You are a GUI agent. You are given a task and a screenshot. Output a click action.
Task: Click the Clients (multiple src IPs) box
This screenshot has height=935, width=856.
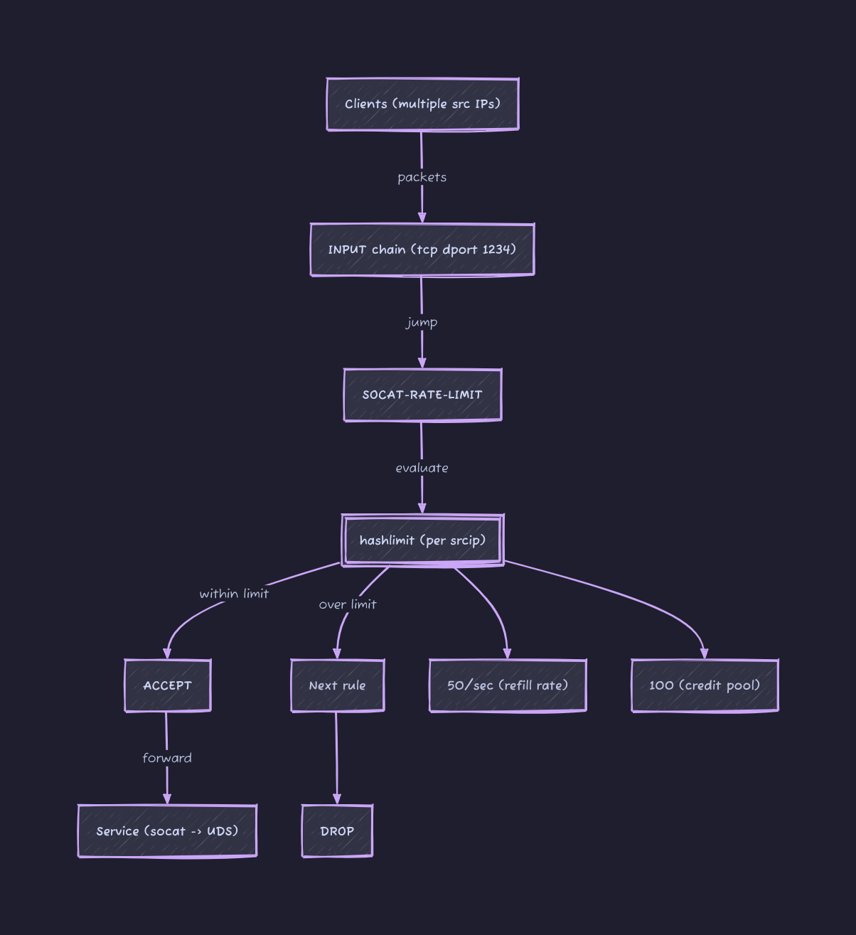click(x=422, y=104)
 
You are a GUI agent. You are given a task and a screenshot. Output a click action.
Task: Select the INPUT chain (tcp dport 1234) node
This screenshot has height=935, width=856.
click(x=422, y=250)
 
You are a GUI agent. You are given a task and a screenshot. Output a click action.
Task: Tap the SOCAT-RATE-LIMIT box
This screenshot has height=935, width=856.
click(x=422, y=395)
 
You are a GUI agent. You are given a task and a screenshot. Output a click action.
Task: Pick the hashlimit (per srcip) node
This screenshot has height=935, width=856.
click(x=422, y=540)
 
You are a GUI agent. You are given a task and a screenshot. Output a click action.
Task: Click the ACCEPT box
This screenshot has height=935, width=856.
click(x=167, y=685)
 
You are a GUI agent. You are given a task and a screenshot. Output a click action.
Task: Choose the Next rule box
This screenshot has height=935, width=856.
click(x=337, y=685)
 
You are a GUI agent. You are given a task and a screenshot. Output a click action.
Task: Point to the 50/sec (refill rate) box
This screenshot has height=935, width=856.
click(x=508, y=685)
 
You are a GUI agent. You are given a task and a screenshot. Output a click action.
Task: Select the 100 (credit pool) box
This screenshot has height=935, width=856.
click(x=705, y=685)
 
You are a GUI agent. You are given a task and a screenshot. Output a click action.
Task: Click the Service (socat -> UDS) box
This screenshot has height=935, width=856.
click(x=167, y=831)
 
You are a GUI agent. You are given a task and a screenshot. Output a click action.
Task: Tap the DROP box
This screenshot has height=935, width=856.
click(x=337, y=831)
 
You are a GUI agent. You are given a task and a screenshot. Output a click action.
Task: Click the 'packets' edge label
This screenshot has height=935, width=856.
click(x=422, y=177)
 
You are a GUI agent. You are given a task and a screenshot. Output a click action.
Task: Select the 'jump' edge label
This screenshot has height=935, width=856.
click(x=422, y=323)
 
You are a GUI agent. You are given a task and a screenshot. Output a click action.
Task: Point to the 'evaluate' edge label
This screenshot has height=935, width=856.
click(x=422, y=468)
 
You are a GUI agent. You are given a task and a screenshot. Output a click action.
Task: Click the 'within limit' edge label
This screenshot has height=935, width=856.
click(x=234, y=593)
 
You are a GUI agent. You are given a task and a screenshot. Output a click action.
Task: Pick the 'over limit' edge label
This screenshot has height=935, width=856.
click(x=348, y=604)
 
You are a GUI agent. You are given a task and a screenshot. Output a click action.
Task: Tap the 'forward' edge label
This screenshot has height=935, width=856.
click(x=167, y=758)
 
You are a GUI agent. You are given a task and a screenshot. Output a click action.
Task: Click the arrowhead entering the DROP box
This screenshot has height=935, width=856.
click(x=337, y=798)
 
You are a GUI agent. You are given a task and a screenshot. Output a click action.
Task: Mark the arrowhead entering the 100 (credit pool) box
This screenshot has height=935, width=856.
click(x=704, y=653)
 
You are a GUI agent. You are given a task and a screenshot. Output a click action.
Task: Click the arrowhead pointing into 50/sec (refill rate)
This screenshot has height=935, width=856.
click(x=507, y=653)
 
